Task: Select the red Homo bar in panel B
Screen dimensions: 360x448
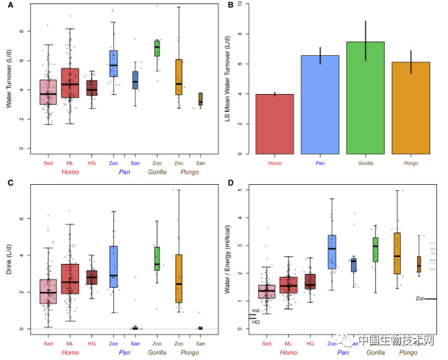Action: tap(275, 123)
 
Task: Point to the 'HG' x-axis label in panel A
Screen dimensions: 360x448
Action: tap(91, 163)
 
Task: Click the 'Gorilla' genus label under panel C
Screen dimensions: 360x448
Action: tap(157, 353)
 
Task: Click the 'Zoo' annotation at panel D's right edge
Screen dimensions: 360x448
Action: tap(420, 299)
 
